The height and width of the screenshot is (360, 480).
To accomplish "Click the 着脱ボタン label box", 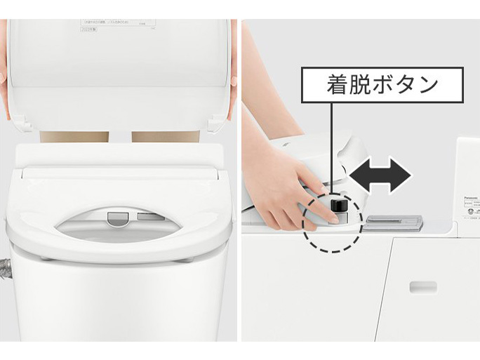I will point(383,85).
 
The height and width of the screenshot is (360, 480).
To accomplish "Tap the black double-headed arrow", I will point(380,175).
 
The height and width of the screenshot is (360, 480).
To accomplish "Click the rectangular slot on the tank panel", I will point(423,287).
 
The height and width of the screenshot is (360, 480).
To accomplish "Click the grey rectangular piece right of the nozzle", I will point(149,217).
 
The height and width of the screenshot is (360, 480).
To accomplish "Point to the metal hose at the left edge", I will point(7,267).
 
